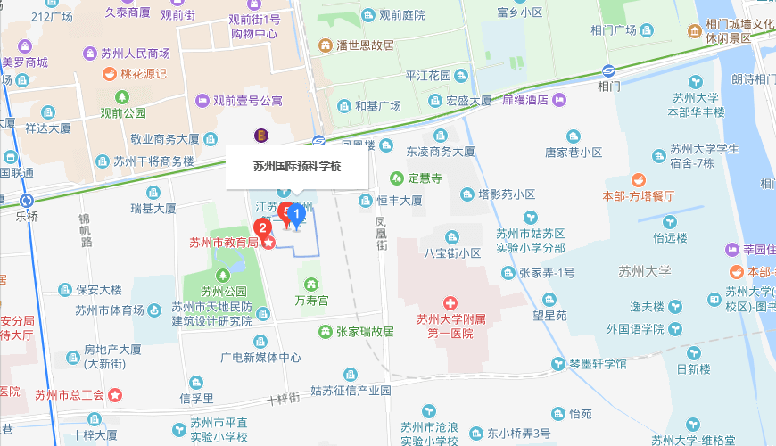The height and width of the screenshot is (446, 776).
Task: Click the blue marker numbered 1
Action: coord(298,214)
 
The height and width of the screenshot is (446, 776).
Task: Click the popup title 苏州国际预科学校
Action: coord(297,166)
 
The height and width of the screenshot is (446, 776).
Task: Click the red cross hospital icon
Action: coord(451,304)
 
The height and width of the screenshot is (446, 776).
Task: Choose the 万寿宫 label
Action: coord(311,301)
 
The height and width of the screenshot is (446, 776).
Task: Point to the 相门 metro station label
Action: coord(610,86)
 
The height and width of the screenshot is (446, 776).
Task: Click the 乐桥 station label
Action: coord(28,216)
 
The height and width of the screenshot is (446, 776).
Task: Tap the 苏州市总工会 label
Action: coord(70,395)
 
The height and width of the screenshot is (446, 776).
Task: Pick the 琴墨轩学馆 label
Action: coord(597,364)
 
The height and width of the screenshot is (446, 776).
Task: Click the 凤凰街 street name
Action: coord(381,234)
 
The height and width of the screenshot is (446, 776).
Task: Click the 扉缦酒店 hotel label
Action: coord(524,100)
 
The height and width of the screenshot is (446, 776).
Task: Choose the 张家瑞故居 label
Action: coord(364,332)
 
